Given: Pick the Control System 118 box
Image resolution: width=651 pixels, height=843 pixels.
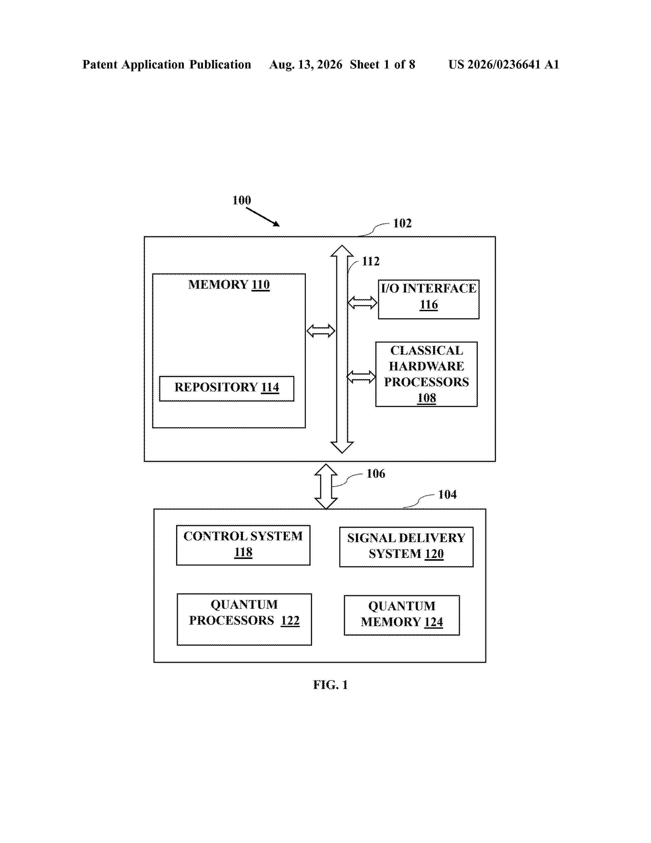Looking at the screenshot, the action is pyautogui.click(x=243, y=545).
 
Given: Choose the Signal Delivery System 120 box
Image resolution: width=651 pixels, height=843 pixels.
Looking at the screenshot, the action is pyautogui.click(x=406, y=547).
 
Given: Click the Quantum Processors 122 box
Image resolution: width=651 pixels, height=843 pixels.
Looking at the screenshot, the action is pyautogui.click(x=244, y=619).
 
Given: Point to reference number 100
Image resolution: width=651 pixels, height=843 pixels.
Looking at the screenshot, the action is pyautogui.click(x=242, y=200).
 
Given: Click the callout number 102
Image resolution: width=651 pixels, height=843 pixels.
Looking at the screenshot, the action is pyautogui.click(x=402, y=223).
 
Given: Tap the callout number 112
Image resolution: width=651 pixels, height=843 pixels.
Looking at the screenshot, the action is pyautogui.click(x=371, y=261).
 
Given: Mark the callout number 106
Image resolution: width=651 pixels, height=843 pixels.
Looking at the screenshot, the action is pyautogui.click(x=376, y=474).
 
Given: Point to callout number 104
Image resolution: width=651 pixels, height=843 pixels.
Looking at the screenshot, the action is pyautogui.click(x=447, y=495).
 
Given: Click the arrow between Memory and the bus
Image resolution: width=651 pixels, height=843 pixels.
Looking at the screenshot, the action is pyautogui.click(x=321, y=331).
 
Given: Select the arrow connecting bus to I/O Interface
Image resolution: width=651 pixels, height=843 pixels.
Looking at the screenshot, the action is pyautogui.click(x=363, y=303).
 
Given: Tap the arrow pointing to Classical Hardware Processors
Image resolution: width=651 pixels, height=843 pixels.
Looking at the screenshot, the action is pyautogui.click(x=361, y=377).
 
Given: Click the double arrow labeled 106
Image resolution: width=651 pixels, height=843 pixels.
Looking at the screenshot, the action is pyautogui.click(x=326, y=486).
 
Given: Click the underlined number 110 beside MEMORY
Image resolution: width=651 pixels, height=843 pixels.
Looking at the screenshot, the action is pyautogui.click(x=261, y=285).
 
